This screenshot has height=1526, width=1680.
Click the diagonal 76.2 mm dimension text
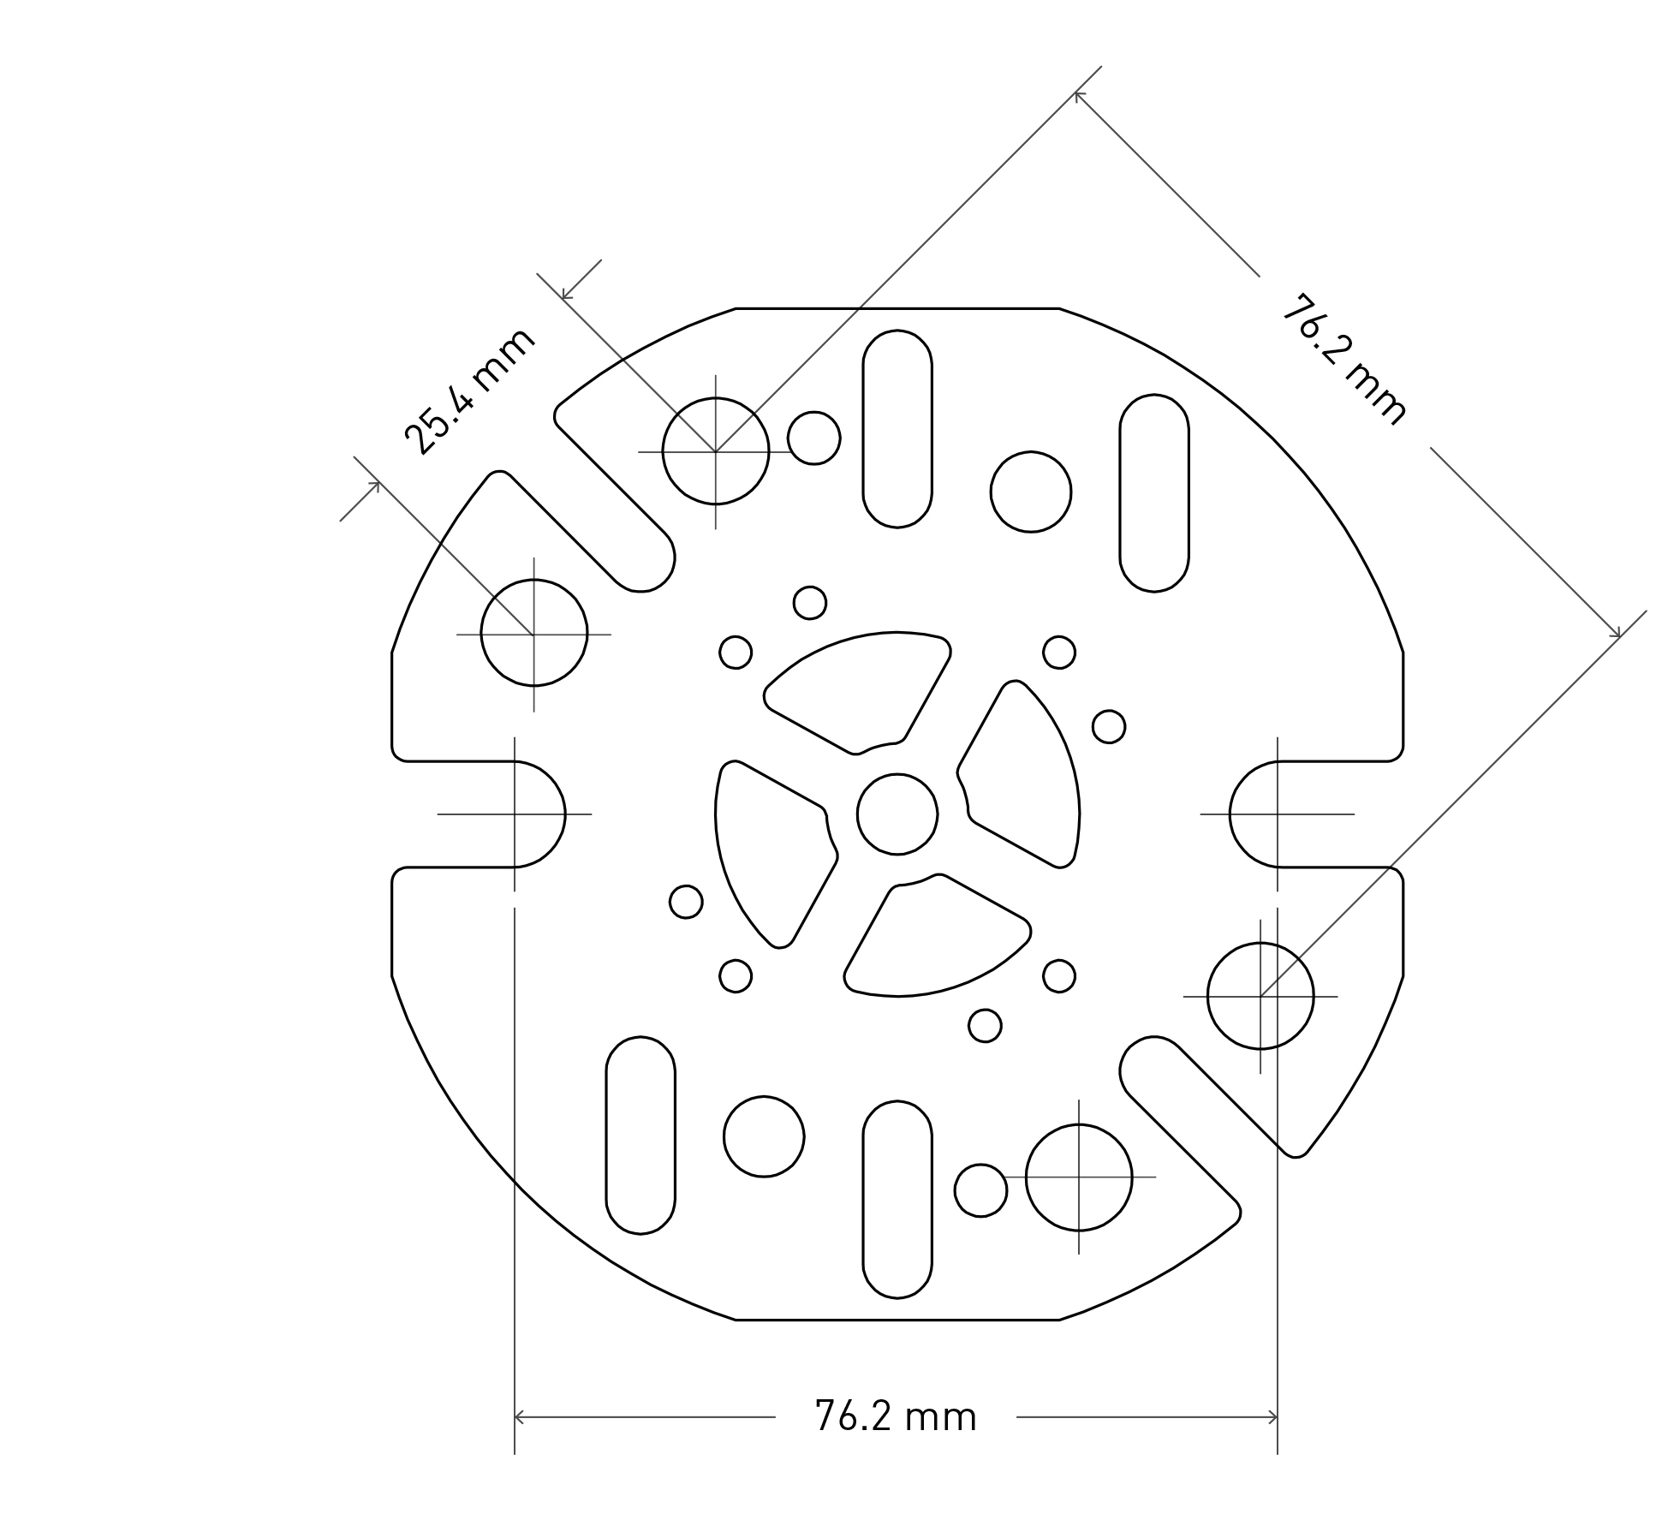(x=1343, y=360)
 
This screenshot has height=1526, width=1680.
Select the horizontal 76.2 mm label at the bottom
(x=895, y=1416)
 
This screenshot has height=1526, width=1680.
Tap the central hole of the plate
(x=897, y=814)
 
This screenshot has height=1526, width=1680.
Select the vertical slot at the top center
(x=897, y=428)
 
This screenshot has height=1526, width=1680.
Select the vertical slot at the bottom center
(x=897, y=1199)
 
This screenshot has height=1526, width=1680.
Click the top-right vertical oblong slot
(x=1153, y=492)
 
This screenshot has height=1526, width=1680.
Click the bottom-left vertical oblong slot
(x=640, y=1135)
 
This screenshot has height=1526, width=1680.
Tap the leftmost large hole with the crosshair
(x=533, y=634)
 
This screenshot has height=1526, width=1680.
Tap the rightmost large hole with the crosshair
(x=1260, y=996)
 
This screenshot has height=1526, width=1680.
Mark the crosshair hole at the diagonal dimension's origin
(x=715, y=451)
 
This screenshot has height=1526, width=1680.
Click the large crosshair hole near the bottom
(x=1078, y=1177)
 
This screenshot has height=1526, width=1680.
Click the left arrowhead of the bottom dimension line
(x=519, y=1417)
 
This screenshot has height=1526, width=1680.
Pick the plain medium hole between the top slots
(x=1030, y=492)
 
